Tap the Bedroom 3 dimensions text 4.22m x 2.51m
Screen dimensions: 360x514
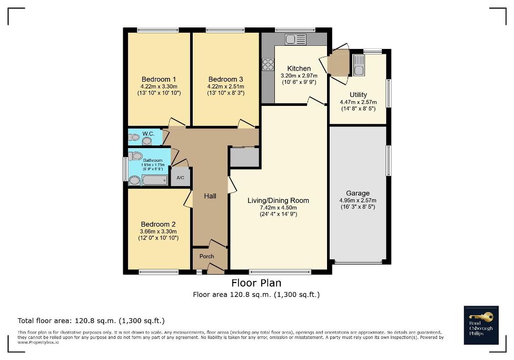pos(225,86)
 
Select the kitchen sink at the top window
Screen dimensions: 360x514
pos(295,38)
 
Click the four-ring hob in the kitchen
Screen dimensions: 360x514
pos(268,64)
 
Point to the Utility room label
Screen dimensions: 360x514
pos(358,95)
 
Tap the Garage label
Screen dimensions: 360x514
pos(358,193)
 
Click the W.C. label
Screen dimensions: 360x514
pos(148,134)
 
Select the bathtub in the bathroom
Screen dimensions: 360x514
pos(154,180)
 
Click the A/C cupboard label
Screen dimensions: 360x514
pos(180,178)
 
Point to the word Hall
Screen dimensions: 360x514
pos(210,196)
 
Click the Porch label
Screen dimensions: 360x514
pos(206,257)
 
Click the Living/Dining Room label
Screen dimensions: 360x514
pos(278,200)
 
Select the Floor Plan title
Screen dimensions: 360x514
pos(256,284)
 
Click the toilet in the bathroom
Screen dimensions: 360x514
pos(135,156)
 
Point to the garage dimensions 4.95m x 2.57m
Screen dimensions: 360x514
pos(358,200)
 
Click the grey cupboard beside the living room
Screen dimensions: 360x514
pos(245,157)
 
